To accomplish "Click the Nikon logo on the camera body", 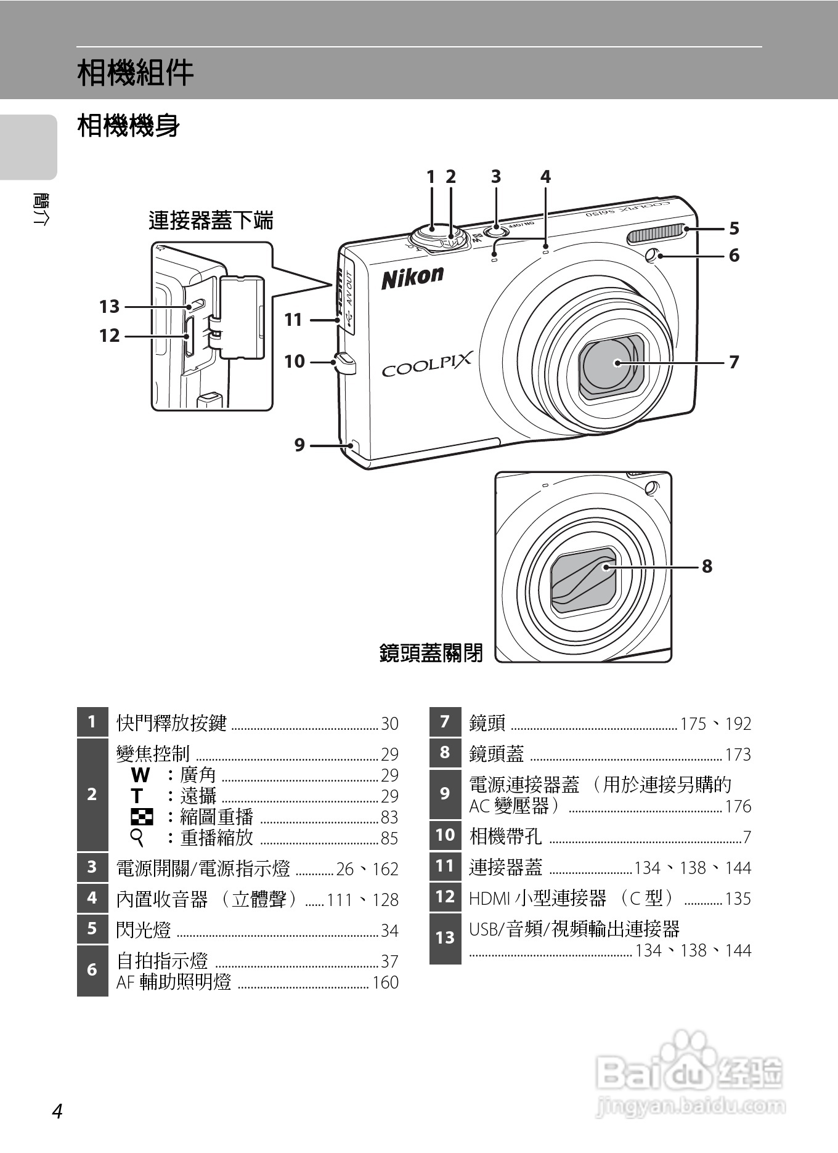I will pos(412,277).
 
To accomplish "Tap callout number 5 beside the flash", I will pos(734,229).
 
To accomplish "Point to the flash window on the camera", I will pos(656,234).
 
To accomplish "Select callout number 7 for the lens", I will pos(734,362).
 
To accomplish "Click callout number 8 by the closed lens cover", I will pos(707,566).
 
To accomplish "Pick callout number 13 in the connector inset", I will pos(109,306).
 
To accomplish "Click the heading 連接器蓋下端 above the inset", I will pos(211,220).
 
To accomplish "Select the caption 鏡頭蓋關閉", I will pos(431,652).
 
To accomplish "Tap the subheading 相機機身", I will pos(129,126).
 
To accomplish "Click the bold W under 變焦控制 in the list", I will pos(140,775).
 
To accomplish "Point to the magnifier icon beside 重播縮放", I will pos(137,838).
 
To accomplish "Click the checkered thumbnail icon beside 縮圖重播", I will pos(142,817).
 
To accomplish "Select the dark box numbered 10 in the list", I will pos(445,835).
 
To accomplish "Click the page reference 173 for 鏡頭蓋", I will pos(738,755).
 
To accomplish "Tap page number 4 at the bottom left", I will pos(57,1111).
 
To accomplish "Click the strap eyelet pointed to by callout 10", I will pos(346,363).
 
